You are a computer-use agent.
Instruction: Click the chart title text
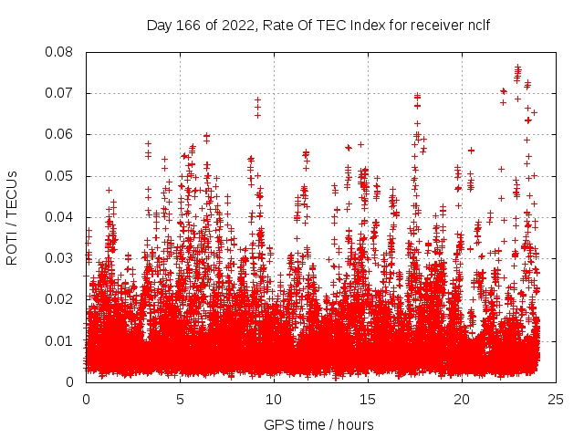(318, 26)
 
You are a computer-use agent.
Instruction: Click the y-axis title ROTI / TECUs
(12, 217)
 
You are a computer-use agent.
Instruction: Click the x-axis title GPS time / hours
(318, 424)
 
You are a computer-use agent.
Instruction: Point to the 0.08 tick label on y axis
(61, 52)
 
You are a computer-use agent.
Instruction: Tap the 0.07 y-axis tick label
(61, 93)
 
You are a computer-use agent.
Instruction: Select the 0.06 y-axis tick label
(61, 134)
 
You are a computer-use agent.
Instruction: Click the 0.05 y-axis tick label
(61, 175)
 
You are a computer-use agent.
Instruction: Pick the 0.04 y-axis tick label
(61, 217)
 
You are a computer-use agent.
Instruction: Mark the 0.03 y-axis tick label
(61, 258)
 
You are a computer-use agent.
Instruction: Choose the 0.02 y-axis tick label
(61, 299)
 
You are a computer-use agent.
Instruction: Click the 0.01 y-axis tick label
(61, 340)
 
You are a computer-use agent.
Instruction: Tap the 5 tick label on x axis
(181, 399)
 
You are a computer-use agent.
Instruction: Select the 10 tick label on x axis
(275, 399)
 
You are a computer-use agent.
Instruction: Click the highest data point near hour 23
(518, 67)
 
